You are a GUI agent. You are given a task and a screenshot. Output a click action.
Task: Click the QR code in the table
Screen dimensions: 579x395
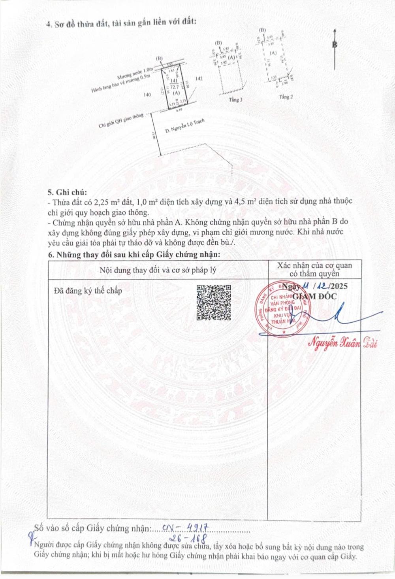point(214,303)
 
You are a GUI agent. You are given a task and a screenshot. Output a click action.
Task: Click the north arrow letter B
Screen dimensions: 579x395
point(335,44)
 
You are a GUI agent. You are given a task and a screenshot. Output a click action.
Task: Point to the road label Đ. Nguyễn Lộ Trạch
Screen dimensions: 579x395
point(185,126)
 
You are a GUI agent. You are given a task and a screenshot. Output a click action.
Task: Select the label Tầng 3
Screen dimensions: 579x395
point(235,100)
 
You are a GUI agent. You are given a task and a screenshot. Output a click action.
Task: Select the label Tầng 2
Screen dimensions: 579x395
point(286,97)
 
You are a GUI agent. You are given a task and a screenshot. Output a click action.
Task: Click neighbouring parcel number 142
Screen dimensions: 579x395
point(199,79)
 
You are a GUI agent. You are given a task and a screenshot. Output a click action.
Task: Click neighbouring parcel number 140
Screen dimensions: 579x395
point(147,95)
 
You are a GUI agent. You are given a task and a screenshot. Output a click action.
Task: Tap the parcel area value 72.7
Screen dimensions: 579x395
point(174,87)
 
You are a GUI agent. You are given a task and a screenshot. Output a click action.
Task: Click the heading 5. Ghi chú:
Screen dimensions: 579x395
point(67,192)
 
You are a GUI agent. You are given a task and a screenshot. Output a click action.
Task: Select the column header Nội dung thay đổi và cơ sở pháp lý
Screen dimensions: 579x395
point(158,270)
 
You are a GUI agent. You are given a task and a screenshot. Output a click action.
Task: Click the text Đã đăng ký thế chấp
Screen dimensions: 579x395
point(88,291)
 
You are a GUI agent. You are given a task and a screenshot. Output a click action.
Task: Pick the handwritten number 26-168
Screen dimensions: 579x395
point(188,538)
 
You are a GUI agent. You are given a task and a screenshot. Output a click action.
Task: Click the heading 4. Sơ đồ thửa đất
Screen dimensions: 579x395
point(121,23)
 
